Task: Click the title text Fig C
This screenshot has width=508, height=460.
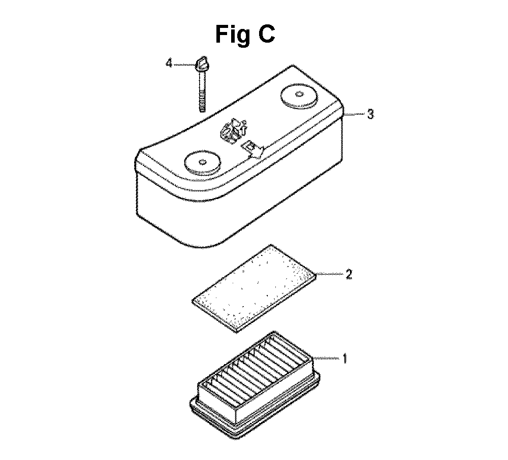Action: point(245,35)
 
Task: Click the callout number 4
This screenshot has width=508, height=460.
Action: point(169,63)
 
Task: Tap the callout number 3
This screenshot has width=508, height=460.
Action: point(371,114)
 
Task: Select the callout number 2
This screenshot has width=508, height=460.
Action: point(348,274)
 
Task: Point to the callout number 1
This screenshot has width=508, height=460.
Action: point(345,358)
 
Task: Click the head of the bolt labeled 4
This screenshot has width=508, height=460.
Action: point(202,64)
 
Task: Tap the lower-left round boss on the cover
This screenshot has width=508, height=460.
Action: point(203,161)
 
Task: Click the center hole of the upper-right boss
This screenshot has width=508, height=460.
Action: point(299,94)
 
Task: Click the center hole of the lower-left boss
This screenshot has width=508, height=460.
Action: point(203,161)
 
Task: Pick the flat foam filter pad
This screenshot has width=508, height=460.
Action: point(255,288)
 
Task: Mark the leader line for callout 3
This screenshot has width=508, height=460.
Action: point(355,114)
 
